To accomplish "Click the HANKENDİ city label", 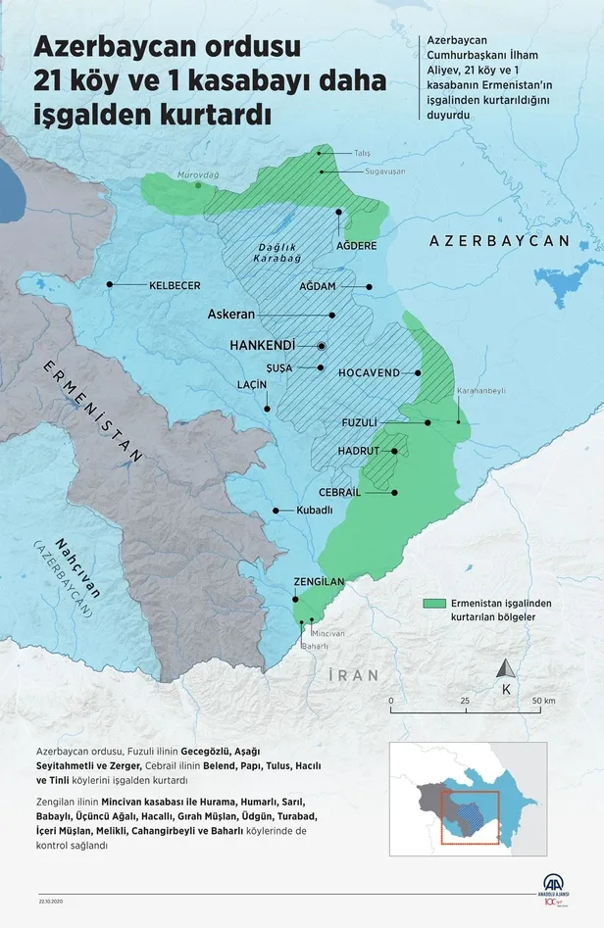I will click(x=269, y=347).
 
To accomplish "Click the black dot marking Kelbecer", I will click(x=110, y=285).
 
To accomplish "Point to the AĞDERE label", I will click(x=357, y=246).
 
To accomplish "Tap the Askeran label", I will click(x=231, y=316).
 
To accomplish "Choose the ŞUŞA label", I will click(x=279, y=367).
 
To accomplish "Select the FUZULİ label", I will click(x=359, y=422).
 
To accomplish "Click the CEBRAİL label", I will click(x=342, y=492).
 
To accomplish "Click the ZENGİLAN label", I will click(x=319, y=582).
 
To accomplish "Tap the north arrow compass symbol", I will click(x=506, y=669).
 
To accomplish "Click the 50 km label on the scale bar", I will click(x=543, y=702).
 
